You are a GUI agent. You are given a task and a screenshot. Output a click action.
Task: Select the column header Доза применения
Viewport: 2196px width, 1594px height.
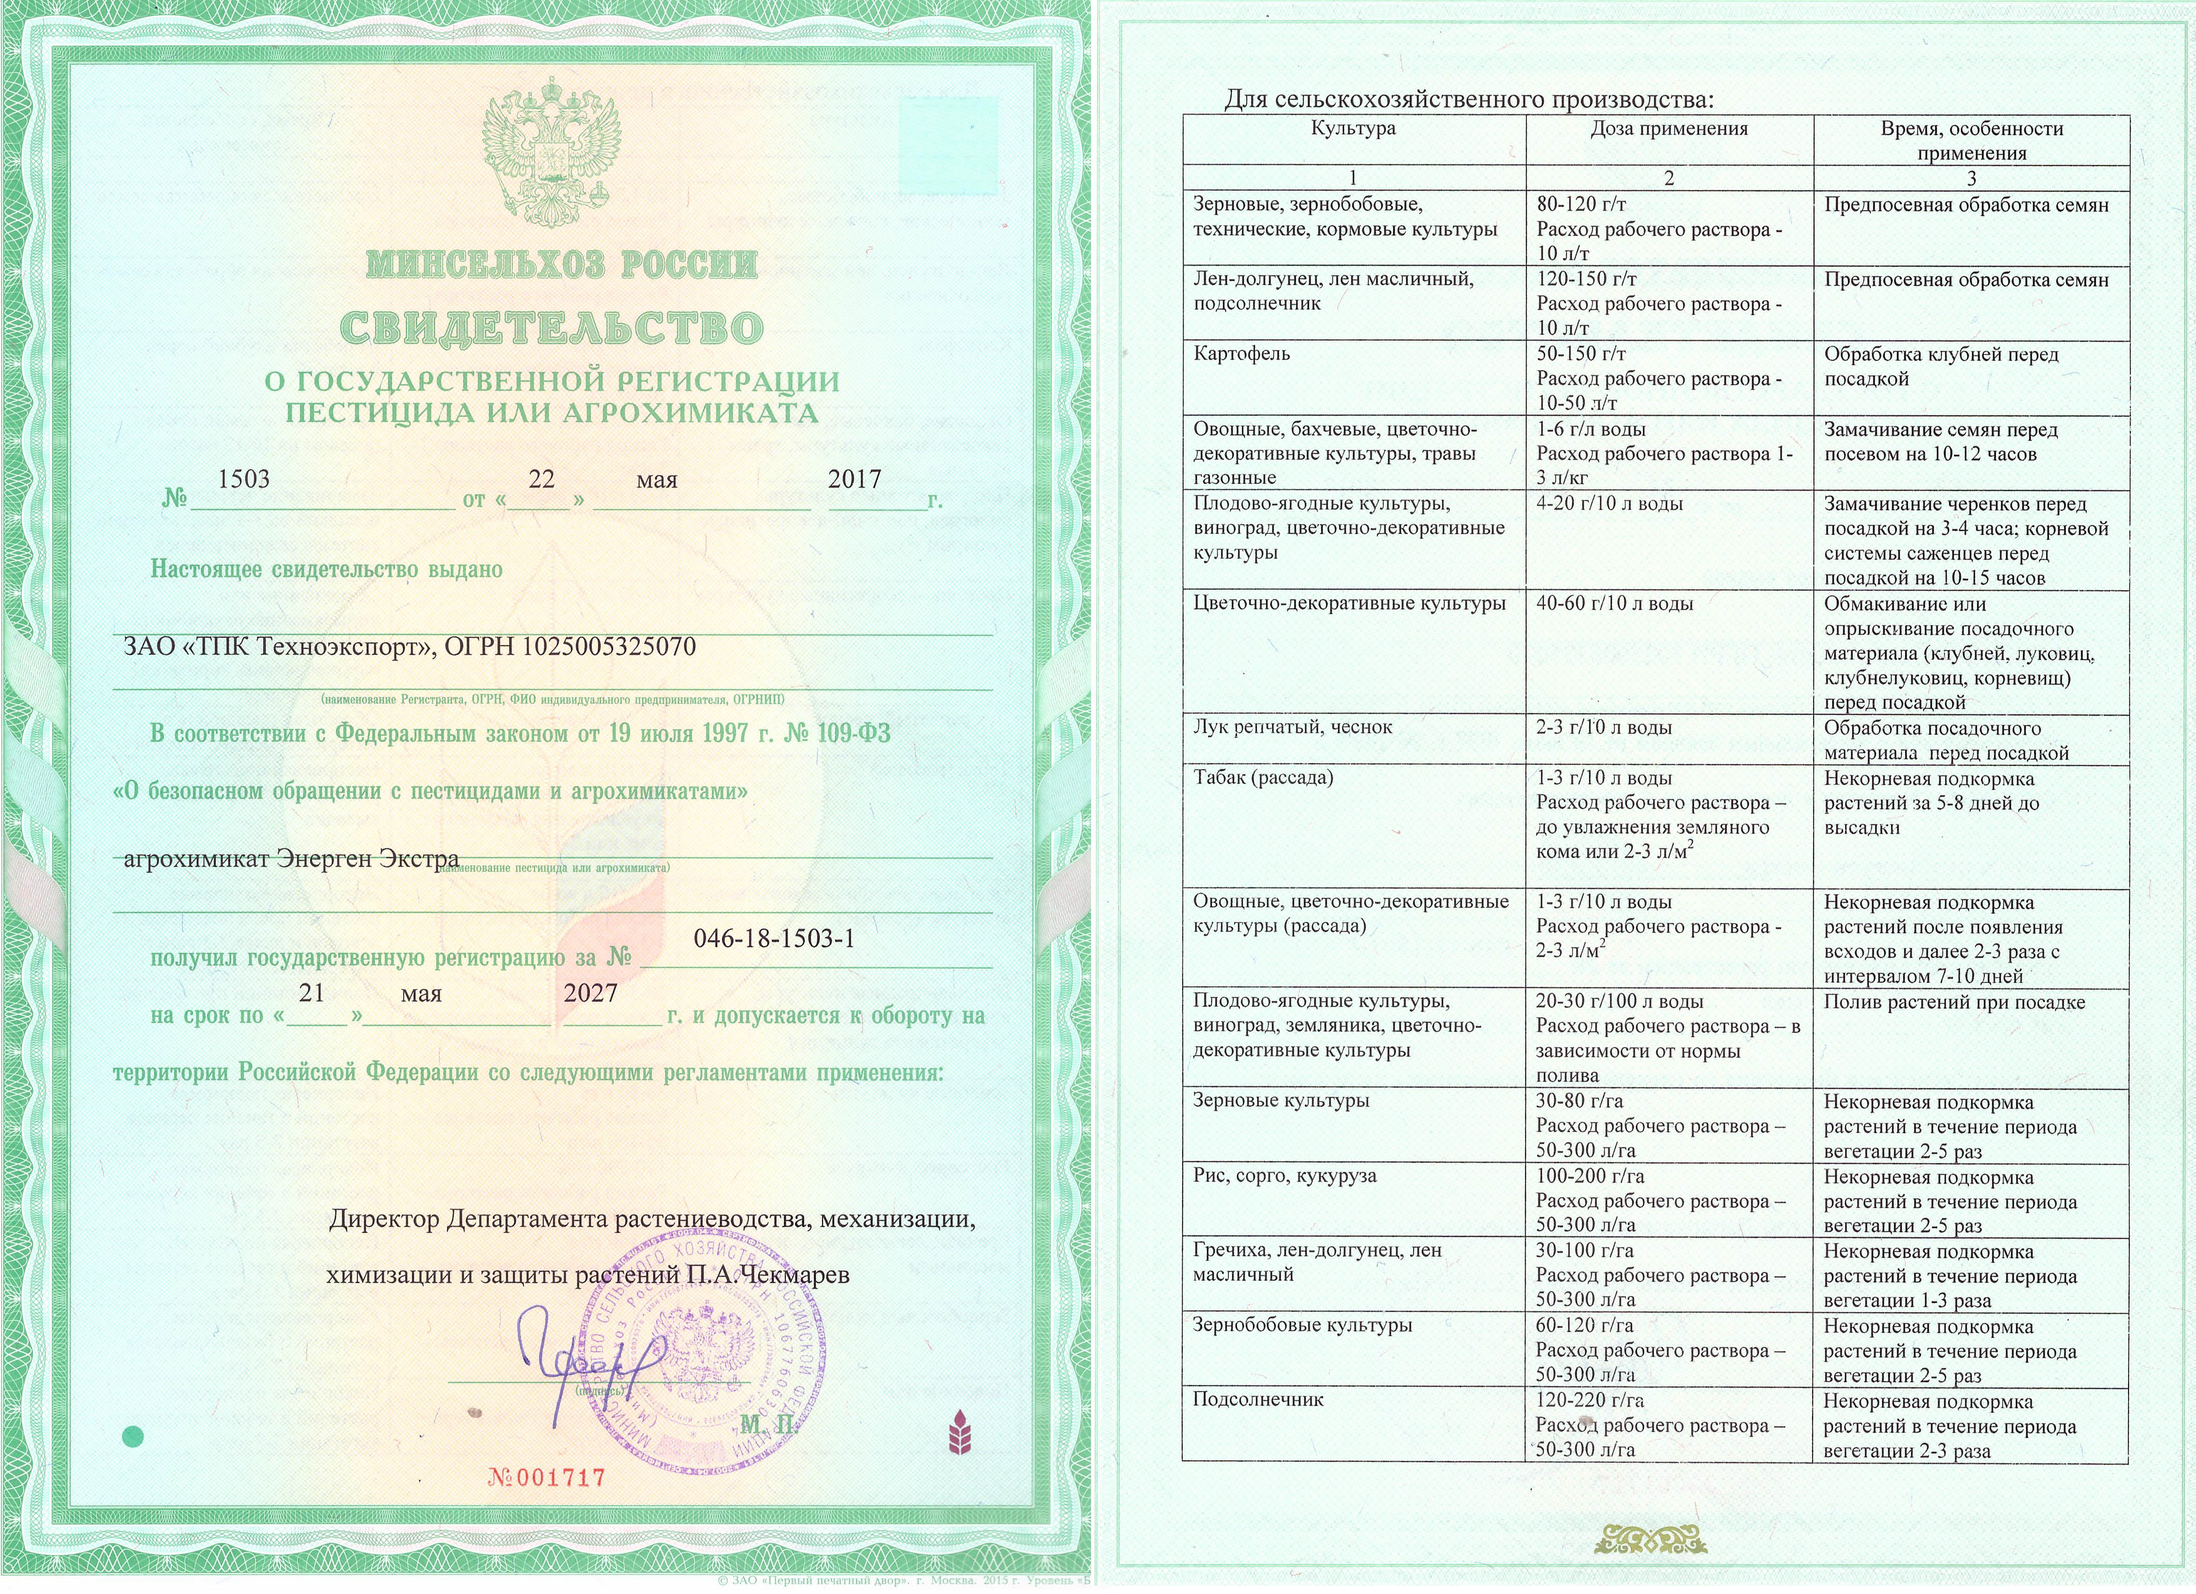(x=1668, y=129)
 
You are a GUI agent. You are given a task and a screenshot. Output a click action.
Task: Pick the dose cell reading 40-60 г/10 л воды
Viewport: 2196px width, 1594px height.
(x=1614, y=603)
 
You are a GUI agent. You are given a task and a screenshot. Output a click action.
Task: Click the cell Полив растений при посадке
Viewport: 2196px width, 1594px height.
(x=1954, y=1002)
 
